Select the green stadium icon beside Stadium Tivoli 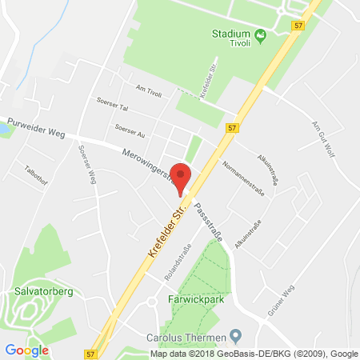coord(261,35)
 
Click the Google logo coord(26,350)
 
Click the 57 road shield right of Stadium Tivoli coord(298,26)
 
